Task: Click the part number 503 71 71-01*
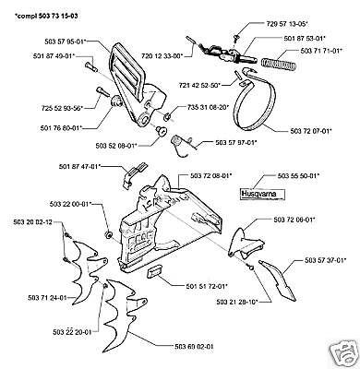pyautogui.click(x=321, y=51)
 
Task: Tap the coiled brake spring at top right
pyautogui.click(x=279, y=64)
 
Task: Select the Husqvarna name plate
pyautogui.click(x=263, y=194)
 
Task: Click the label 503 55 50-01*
pyautogui.click(x=298, y=176)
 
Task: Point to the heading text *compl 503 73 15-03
pyautogui.click(x=46, y=16)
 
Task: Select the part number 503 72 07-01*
pyautogui.click(x=311, y=131)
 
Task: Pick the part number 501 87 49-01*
pyautogui.click(x=54, y=56)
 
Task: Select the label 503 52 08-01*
pyautogui.click(x=114, y=146)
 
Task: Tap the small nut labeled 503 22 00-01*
pyautogui.click(x=109, y=234)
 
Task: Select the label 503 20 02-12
pyautogui.click(x=33, y=222)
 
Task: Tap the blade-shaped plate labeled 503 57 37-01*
pyautogui.click(x=278, y=280)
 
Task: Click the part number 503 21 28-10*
pyautogui.click(x=237, y=302)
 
